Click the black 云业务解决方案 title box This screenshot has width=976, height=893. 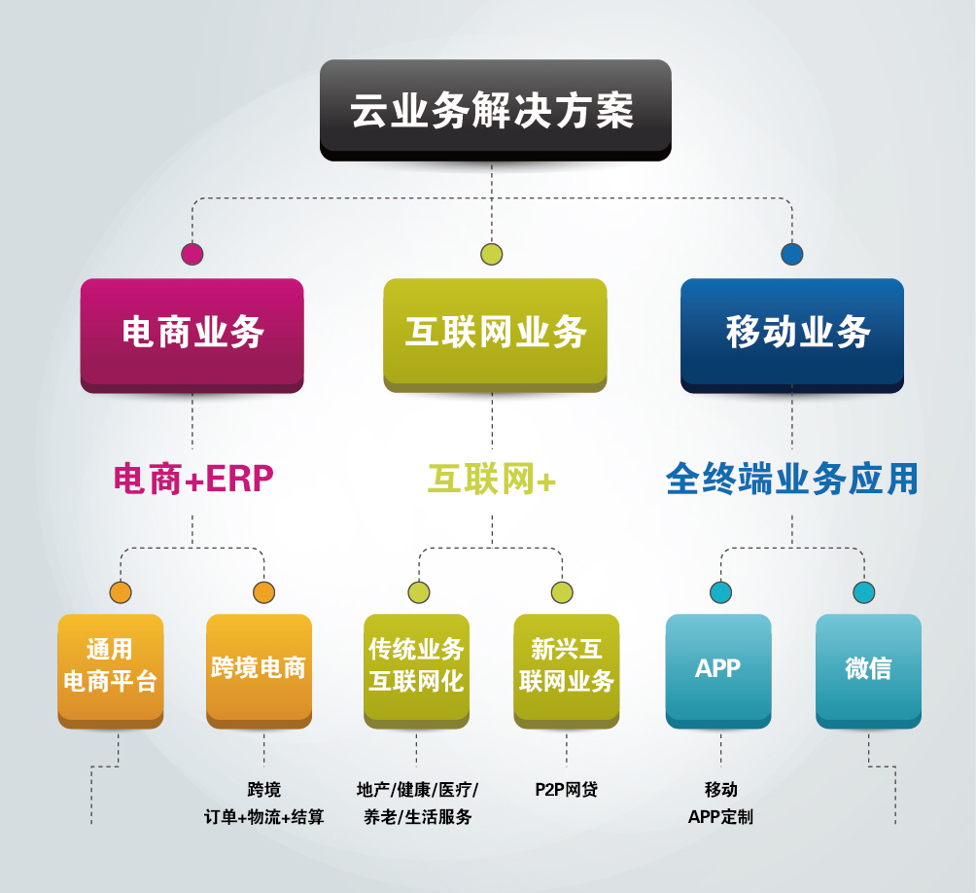click(x=495, y=109)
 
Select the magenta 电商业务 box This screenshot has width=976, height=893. click(x=192, y=333)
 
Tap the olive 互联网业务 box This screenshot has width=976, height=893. click(x=495, y=333)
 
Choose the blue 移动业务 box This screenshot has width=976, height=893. click(x=791, y=333)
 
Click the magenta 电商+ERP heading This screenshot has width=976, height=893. click(x=193, y=479)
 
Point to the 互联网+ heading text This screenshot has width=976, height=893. click(x=492, y=479)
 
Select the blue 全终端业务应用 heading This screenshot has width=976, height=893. click(x=792, y=479)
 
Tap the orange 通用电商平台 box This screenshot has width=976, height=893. click(x=110, y=667)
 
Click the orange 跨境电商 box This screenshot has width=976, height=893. click(x=259, y=667)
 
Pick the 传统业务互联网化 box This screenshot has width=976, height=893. click(x=416, y=667)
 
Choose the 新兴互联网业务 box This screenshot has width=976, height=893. click(x=566, y=667)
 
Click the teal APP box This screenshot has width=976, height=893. click(x=718, y=667)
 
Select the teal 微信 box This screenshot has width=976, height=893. click(x=868, y=667)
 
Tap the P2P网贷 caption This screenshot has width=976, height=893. click(x=566, y=789)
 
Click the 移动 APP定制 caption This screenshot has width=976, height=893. click(x=720, y=803)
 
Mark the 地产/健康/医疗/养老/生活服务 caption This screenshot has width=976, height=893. click(x=417, y=803)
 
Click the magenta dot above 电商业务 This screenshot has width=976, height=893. click(x=192, y=254)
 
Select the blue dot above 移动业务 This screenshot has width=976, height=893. click(x=792, y=254)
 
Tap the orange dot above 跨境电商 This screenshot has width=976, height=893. click(x=263, y=591)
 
